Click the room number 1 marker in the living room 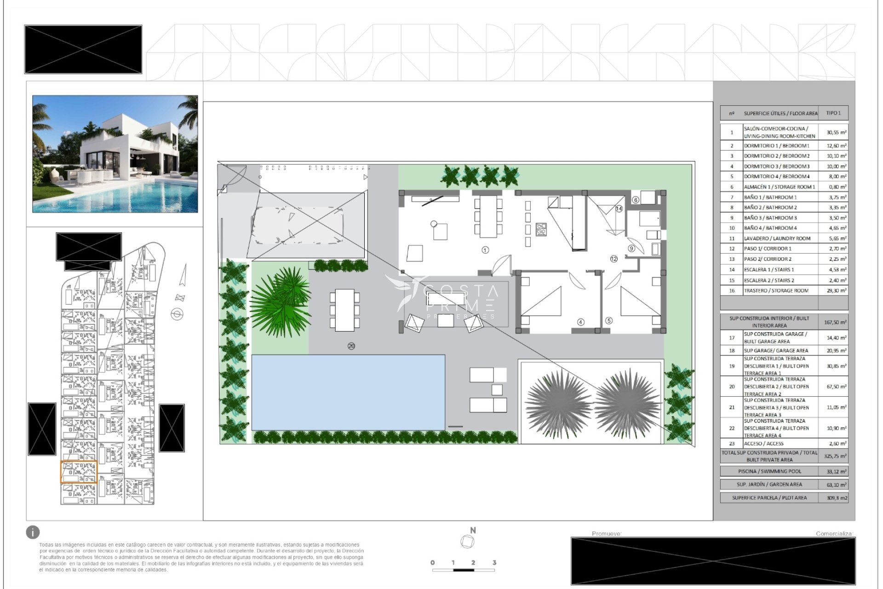485,250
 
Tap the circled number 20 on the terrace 351,346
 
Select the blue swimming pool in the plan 348,392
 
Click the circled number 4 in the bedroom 581,322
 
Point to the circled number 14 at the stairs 619,209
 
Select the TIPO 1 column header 833,113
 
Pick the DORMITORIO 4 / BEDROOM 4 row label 776,177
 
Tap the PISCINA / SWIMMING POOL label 769,471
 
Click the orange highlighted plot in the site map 79,472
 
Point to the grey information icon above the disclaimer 33,532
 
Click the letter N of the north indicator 473,531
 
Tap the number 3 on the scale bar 494,562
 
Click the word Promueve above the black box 606,534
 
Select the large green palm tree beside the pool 281,301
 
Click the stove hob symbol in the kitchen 541,229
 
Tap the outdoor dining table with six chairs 344,310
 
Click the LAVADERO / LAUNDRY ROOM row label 777,238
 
